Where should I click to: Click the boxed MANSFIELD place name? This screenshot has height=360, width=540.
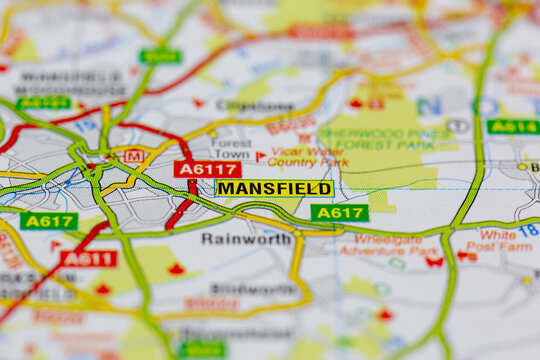(274, 188)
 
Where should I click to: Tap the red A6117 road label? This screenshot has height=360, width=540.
(207, 169)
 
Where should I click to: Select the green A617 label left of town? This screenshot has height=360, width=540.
(48, 221)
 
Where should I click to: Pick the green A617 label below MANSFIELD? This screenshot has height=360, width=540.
(339, 213)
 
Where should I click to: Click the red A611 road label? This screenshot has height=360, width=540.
(88, 259)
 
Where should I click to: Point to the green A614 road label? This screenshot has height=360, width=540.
(513, 127)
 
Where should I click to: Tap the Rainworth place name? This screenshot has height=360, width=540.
(246, 239)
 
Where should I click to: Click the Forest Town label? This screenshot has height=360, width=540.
(232, 149)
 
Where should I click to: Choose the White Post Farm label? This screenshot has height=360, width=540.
(499, 241)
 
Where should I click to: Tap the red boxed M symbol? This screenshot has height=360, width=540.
(132, 155)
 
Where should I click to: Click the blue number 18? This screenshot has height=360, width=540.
(528, 230)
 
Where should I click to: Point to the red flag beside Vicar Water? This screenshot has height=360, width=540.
(260, 157)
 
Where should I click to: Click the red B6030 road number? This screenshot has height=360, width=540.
(290, 126)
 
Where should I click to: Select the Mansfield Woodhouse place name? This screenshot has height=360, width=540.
(70, 83)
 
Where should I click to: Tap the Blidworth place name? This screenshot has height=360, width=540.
(240, 289)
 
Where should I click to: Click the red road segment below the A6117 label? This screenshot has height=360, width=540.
(181, 210)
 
